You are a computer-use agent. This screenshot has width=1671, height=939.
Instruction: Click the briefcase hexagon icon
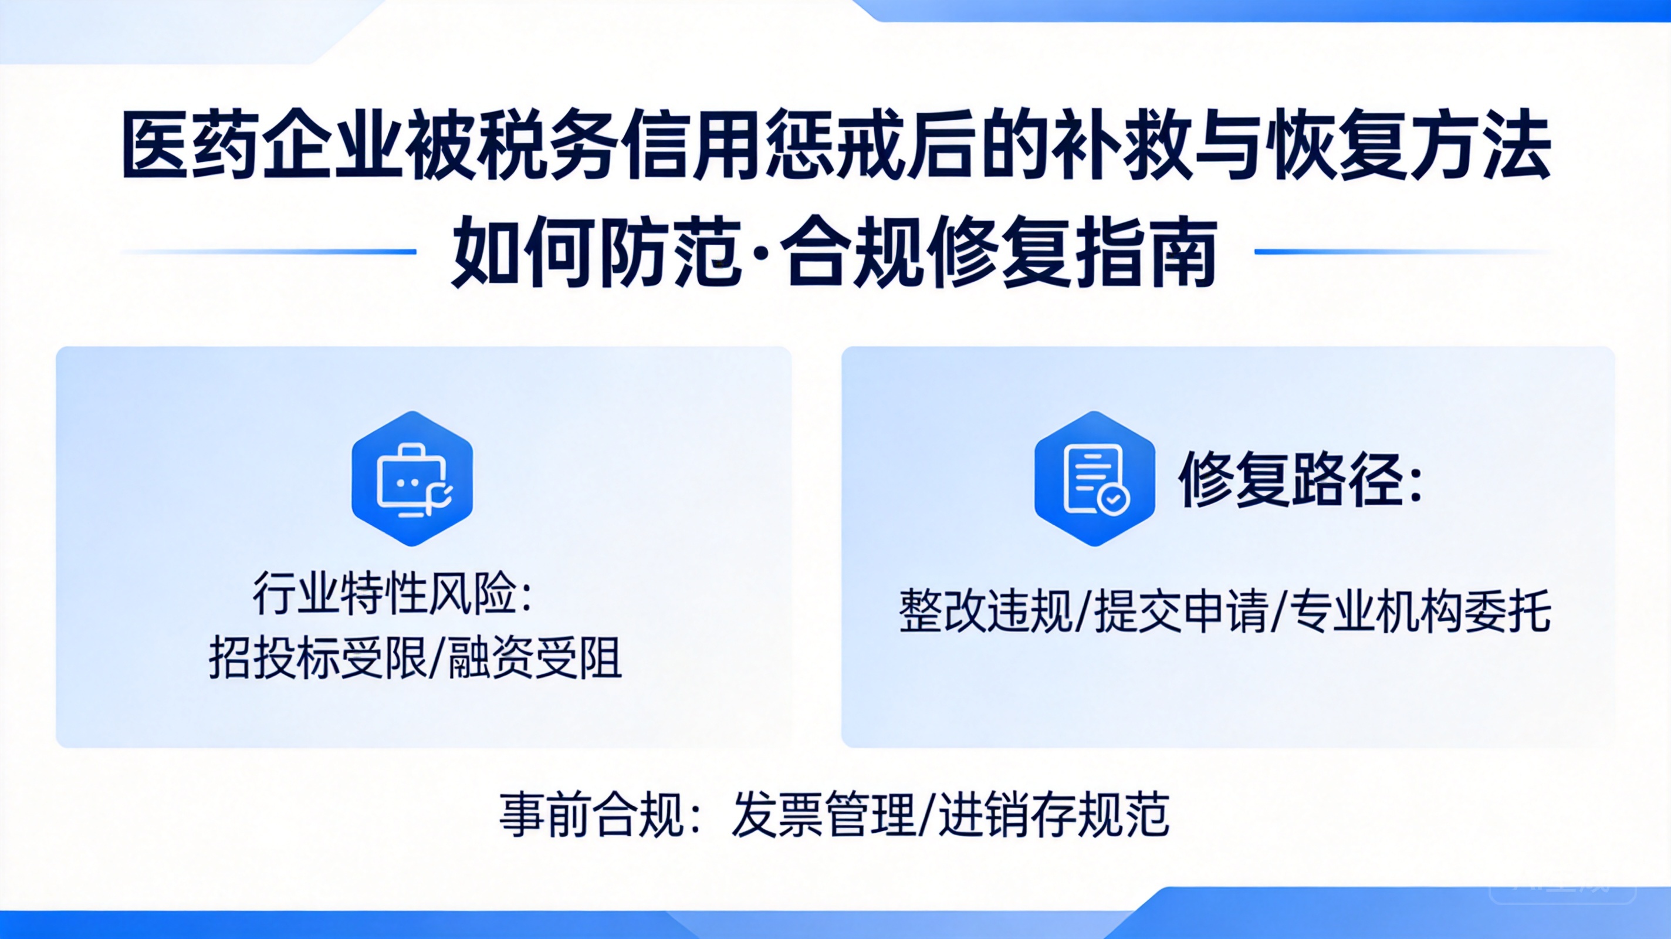[x=412, y=478]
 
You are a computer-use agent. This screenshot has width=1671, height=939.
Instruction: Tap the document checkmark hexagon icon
[x=1095, y=478]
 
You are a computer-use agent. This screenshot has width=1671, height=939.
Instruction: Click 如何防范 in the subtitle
[x=596, y=254]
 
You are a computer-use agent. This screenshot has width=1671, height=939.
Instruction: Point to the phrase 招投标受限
[x=317, y=657]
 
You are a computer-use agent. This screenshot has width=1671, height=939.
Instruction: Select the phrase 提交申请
[x=1181, y=610]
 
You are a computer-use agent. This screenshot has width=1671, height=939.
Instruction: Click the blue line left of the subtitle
[x=269, y=251]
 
